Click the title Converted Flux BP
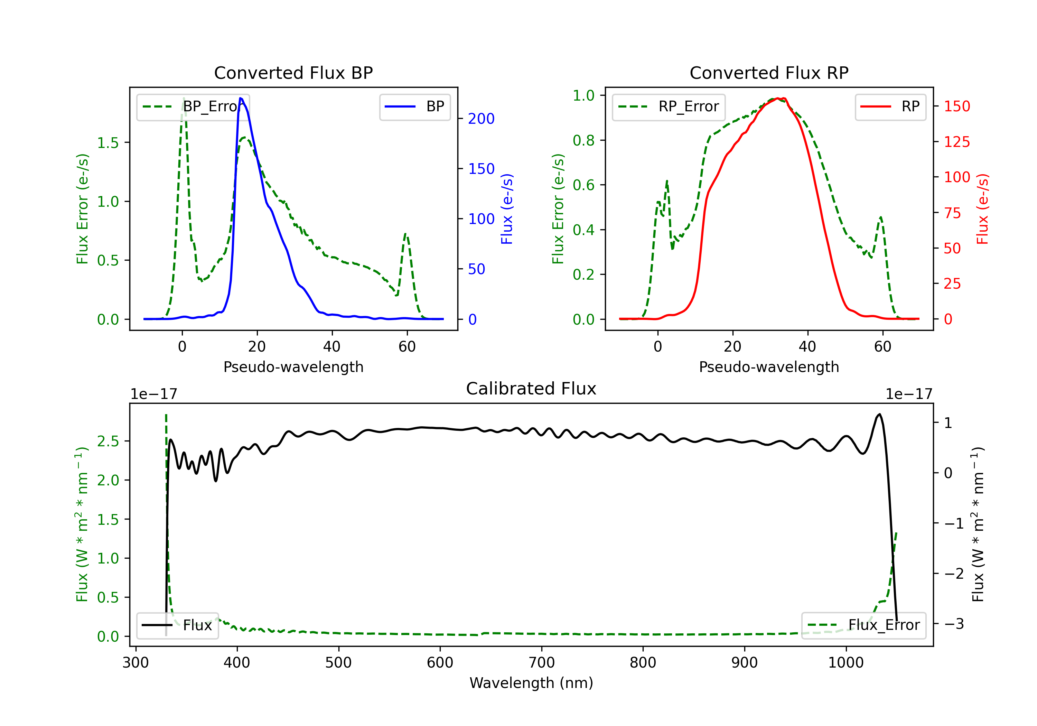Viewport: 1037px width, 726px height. coord(293,73)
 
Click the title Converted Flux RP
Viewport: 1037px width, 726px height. coord(769,73)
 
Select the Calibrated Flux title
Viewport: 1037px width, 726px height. coord(531,389)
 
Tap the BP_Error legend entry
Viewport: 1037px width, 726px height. coord(193,106)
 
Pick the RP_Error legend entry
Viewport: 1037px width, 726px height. coord(669,106)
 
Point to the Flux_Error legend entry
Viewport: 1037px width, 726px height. coord(863,625)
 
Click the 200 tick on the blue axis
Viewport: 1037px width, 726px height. coord(481,119)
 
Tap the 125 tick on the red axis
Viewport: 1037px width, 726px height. coord(956,142)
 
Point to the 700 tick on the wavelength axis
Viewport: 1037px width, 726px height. coord(542,662)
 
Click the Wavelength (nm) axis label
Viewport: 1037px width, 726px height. coord(531,683)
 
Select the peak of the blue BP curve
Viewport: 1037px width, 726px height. coord(241,98)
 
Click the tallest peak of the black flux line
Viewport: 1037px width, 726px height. coord(879,414)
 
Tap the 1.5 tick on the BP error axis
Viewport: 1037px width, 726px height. coord(108,143)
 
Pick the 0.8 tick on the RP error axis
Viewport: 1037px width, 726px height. coord(583,140)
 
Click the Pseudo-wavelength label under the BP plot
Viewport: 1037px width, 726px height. coord(293,367)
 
